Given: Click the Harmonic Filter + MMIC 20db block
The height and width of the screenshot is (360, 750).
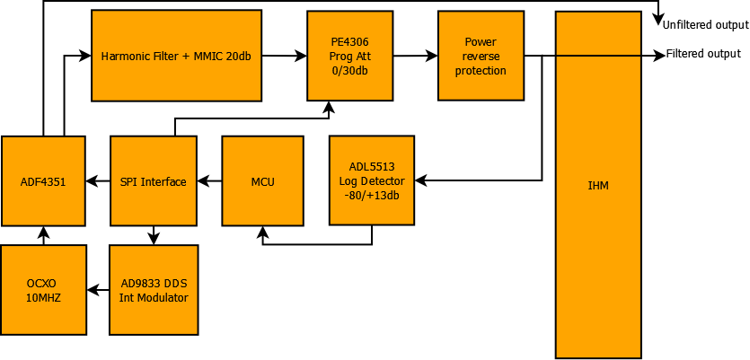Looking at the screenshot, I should click(x=176, y=55).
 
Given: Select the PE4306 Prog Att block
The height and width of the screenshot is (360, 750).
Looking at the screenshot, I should click(x=349, y=56).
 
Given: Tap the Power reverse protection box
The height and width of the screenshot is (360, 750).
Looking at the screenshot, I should click(x=481, y=56).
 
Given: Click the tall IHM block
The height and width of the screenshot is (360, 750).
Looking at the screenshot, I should click(x=597, y=184).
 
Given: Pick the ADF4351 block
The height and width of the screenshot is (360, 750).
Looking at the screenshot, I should click(x=43, y=181).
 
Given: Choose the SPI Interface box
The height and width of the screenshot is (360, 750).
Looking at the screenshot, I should click(x=153, y=181).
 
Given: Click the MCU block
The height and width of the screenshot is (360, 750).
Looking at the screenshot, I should click(x=263, y=181).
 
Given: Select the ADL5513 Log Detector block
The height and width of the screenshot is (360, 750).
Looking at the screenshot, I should click(x=372, y=180).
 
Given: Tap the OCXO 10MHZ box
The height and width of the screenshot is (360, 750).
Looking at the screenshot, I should click(x=43, y=290).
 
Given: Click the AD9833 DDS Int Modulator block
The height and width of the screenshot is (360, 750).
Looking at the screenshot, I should click(x=153, y=290).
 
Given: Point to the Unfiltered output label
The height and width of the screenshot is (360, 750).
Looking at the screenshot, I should click(x=704, y=24).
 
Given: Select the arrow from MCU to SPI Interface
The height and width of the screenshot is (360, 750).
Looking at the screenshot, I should click(x=209, y=181).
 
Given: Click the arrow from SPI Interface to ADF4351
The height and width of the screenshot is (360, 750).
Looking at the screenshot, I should click(x=98, y=181).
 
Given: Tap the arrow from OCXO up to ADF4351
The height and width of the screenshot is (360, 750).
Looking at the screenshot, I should click(x=43, y=235).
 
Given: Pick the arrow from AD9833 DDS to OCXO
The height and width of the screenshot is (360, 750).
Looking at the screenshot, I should click(x=98, y=290).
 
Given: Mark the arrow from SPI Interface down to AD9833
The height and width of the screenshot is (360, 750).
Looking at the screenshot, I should click(x=154, y=235).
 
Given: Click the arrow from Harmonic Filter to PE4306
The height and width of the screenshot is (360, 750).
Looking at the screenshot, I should click(x=284, y=56).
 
